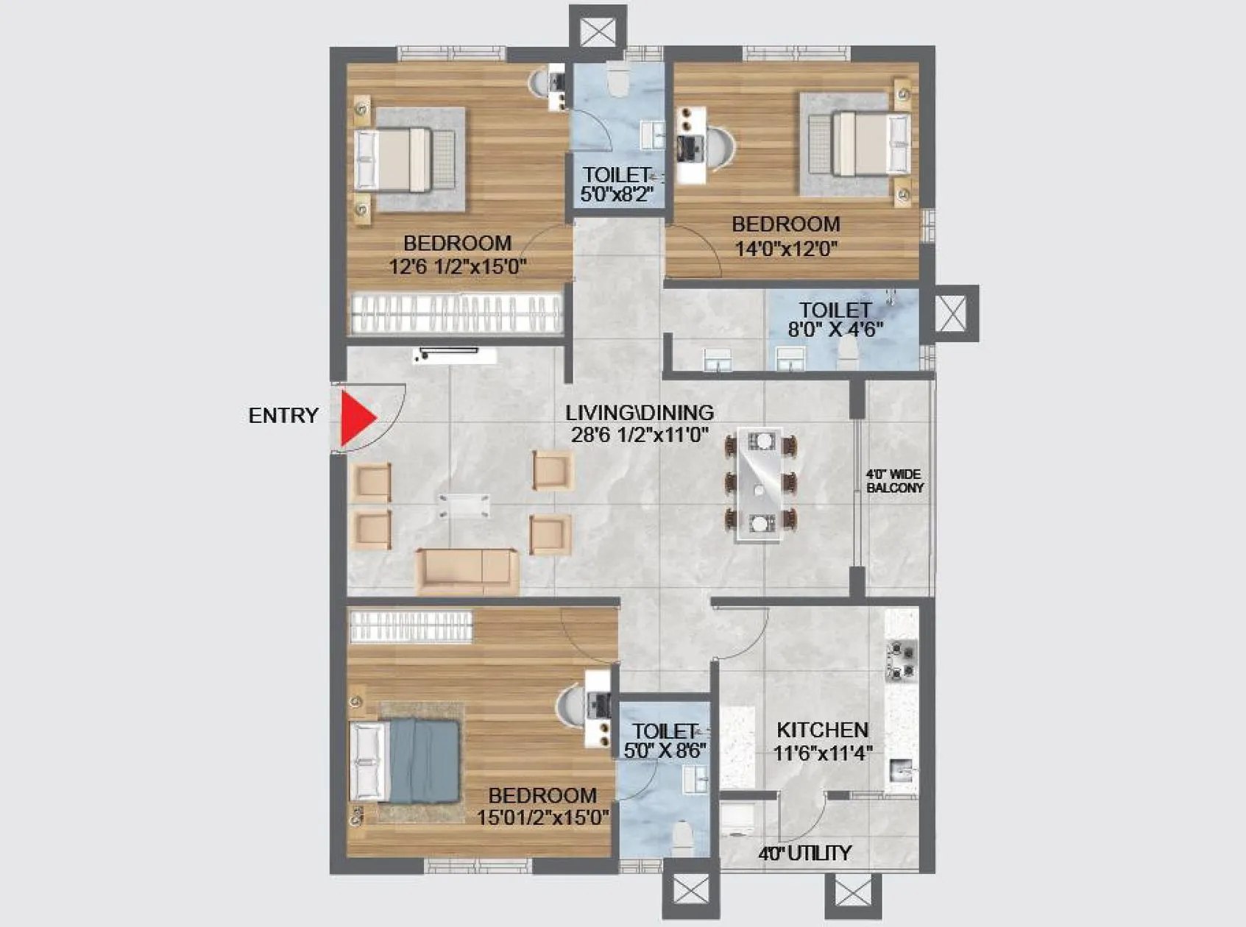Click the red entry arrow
pyautogui.click(x=356, y=418)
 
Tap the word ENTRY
pyautogui.click(x=283, y=416)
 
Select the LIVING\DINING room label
pyautogui.click(x=639, y=413)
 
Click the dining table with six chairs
pyautogui.click(x=760, y=484)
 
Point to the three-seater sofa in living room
pyautogui.click(x=467, y=570)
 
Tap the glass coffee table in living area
pyautogui.click(x=464, y=506)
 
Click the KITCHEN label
pyautogui.click(x=822, y=730)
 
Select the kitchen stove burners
pyautogui.click(x=902, y=660)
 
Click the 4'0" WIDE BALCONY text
pyautogui.click(x=894, y=481)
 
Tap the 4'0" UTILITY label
pyautogui.click(x=804, y=853)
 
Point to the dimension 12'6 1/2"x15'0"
pyautogui.click(x=457, y=266)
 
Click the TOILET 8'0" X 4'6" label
pyautogui.click(x=835, y=319)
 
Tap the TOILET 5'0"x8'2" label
pyautogui.click(x=617, y=185)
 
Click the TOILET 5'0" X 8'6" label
pyautogui.click(x=664, y=741)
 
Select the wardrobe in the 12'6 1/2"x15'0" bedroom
pyautogui.click(x=456, y=313)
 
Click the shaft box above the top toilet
pyautogui.click(x=598, y=32)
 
